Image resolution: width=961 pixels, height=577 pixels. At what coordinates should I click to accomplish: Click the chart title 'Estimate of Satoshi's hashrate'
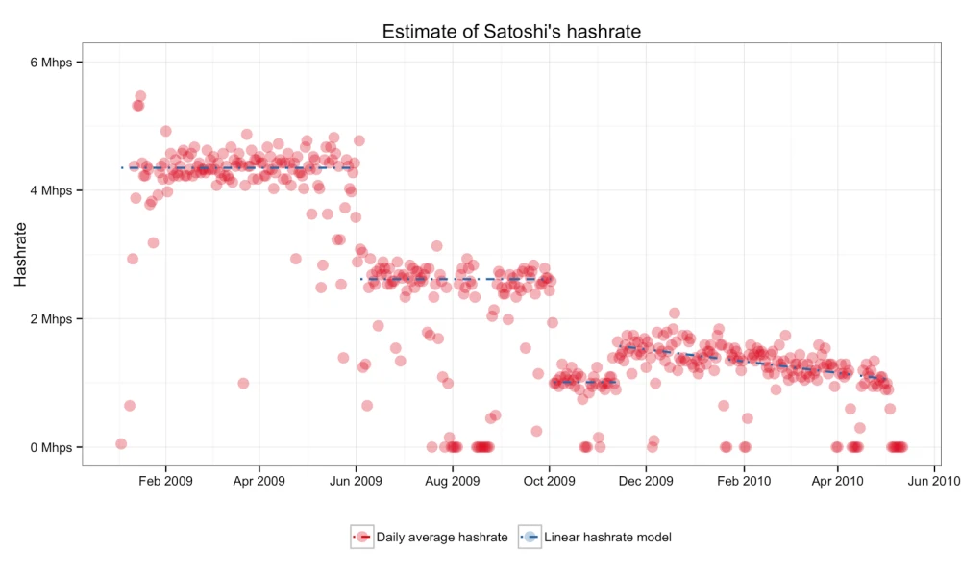pyautogui.click(x=511, y=31)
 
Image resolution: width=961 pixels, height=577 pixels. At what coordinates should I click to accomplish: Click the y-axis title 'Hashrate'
pyautogui.click(x=20, y=254)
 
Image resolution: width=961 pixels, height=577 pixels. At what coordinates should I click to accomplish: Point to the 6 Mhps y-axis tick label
pyautogui.click(x=51, y=63)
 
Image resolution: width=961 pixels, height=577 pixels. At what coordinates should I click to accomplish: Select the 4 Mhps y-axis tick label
pyautogui.click(x=51, y=190)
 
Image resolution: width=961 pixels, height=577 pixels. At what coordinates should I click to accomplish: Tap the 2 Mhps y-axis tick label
pyautogui.click(x=51, y=319)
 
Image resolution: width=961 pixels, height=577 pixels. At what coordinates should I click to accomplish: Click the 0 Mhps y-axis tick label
pyautogui.click(x=51, y=447)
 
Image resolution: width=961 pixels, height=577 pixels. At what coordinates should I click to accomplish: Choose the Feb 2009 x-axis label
pyautogui.click(x=165, y=481)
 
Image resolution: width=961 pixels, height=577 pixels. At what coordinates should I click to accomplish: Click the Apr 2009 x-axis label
pyautogui.click(x=259, y=481)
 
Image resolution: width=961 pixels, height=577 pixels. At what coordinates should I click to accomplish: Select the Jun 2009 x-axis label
pyautogui.click(x=356, y=481)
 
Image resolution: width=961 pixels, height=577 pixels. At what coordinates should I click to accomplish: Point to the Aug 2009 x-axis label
pyautogui.click(x=452, y=481)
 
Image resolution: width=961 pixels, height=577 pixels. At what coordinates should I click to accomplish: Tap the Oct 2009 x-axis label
pyautogui.click(x=549, y=481)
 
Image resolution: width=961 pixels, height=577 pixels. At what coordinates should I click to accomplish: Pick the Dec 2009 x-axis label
pyautogui.click(x=646, y=481)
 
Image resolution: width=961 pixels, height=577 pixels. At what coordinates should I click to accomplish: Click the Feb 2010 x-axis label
pyautogui.click(x=743, y=481)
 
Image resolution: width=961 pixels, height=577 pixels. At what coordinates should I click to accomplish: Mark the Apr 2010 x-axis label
pyautogui.click(x=837, y=481)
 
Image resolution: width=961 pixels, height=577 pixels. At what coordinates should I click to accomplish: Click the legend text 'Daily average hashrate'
pyautogui.click(x=442, y=537)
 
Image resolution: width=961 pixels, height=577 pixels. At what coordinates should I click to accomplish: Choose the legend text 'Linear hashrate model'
pyautogui.click(x=606, y=537)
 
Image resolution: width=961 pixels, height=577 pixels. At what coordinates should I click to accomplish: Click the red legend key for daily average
pyautogui.click(x=362, y=537)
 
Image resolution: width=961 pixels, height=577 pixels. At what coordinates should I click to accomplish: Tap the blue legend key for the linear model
pyautogui.click(x=530, y=537)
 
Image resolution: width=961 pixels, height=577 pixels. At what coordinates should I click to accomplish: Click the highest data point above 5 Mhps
pyautogui.click(x=140, y=96)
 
